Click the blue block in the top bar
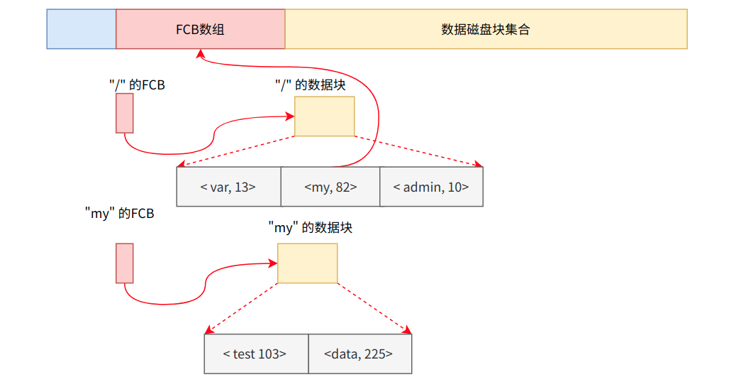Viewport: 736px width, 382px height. coord(82,29)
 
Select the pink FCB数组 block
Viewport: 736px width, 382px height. coord(201,29)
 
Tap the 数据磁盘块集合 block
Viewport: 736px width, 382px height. coord(486,29)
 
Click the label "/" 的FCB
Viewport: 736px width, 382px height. coord(137,84)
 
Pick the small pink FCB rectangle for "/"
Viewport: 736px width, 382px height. coord(125,114)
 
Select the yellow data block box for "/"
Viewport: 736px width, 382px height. coord(324,116)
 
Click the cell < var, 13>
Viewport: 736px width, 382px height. coord(228,187)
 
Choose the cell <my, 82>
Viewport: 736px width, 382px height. coord(330,187)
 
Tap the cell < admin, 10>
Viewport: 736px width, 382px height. coord(431,187)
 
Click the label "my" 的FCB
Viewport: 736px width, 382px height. coord(119,213)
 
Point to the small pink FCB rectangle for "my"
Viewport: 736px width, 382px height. coord(125,263)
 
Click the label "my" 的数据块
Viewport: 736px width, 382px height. coord(311,228)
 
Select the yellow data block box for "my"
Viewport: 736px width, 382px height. coord(307,263)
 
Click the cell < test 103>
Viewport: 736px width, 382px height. coord(256,354)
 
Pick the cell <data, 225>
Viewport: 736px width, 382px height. coord(359,354)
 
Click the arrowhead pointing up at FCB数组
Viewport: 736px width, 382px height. coord(201,53)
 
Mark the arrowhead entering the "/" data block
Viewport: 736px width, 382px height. coord(290,116)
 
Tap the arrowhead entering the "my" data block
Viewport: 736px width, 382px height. coord(273,263)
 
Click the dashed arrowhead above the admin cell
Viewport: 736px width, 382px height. coord(478,165)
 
